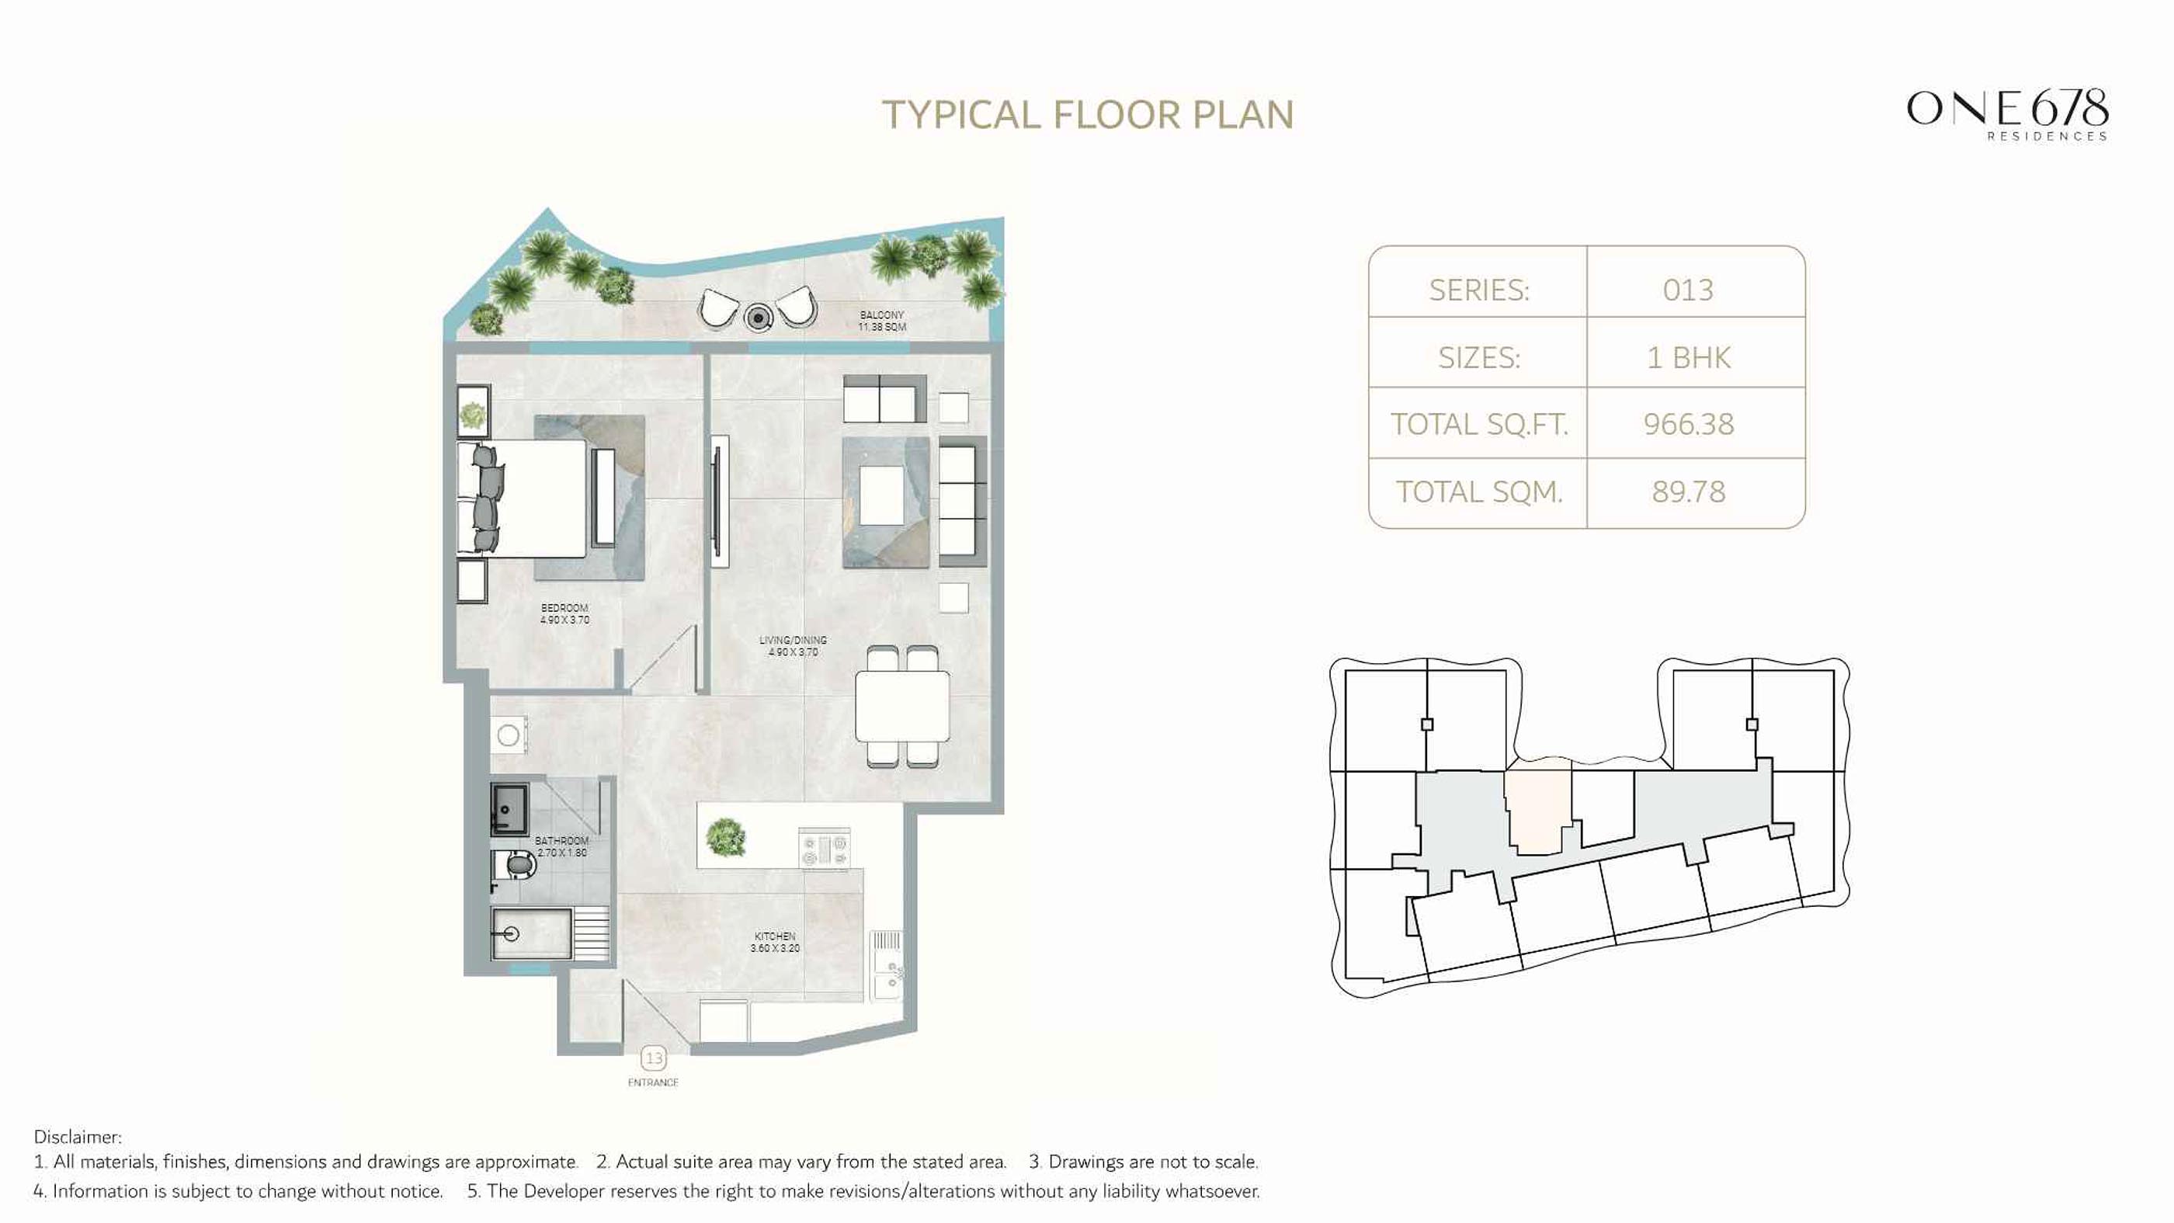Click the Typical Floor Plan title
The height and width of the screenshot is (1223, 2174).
1087,115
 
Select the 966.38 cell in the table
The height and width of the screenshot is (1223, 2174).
1688,424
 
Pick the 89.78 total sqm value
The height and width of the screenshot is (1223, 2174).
1688,492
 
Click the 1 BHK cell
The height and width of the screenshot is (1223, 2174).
1688,358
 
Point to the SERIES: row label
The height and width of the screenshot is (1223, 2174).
1478,290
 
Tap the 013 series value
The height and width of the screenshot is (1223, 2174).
1688,290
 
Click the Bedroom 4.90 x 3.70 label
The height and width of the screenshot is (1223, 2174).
564,613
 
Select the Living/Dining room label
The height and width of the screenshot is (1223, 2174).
793,646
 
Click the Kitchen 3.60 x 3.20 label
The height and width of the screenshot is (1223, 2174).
775,942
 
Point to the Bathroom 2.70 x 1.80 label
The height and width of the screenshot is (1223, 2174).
561,846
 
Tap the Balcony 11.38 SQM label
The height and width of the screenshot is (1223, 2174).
882,321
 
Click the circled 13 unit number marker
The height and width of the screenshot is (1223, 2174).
653,1058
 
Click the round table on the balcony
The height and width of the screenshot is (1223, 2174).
759,318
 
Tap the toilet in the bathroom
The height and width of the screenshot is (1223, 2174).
516,866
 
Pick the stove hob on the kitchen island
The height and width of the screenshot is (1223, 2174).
825,847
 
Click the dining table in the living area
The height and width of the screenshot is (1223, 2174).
902,707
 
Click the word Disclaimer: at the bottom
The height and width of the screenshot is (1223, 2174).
77,1137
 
